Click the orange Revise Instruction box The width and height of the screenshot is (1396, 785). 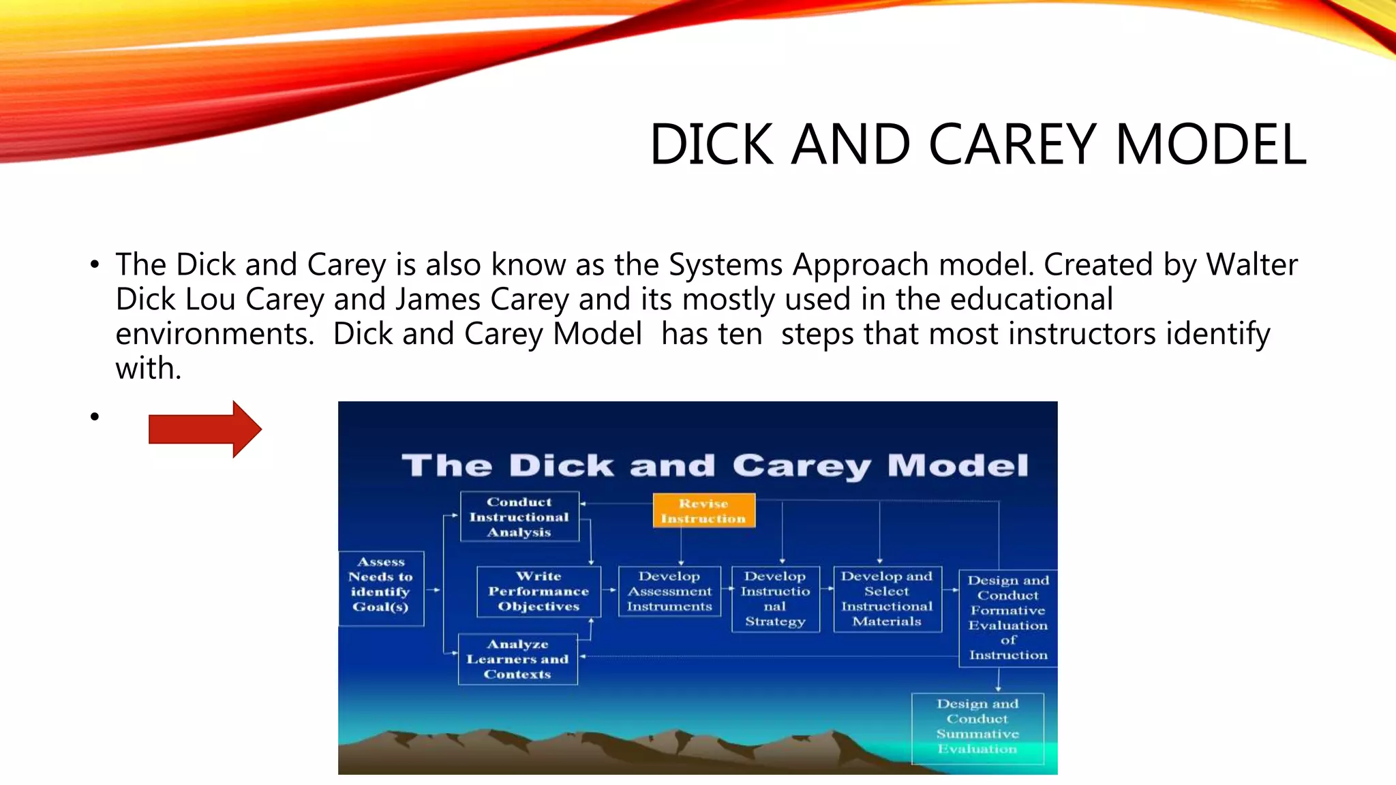pos(703,510)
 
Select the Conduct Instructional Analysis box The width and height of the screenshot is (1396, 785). pos(519,517)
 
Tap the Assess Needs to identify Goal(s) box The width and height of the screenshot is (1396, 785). pos(381,588)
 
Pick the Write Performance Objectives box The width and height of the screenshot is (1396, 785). pos(538,591)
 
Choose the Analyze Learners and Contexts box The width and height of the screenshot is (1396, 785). pos(517,659)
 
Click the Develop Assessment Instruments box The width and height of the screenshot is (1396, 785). pos(669,591)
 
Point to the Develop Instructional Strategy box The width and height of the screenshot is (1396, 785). pos(775,598)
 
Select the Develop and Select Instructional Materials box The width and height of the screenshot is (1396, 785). pos(887,598)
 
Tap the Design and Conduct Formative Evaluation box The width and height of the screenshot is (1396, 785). pos(1007,617)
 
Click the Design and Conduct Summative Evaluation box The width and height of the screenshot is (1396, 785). pos(977,726)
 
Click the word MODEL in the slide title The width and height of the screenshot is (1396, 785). pos(1211,144)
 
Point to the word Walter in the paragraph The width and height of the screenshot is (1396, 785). pos(1251,264)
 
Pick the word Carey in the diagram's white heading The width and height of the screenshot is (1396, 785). pos(802,465)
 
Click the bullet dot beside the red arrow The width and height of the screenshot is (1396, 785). pos(95,416)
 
